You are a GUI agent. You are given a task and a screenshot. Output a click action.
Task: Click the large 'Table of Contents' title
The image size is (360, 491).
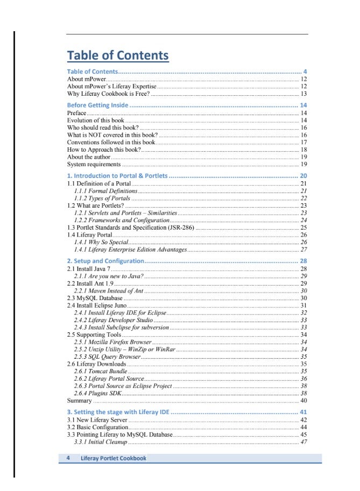pyautogui.click(x=117, y=55)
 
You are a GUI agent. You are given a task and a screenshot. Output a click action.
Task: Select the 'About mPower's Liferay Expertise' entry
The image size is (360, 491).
pyautogui.click(x=111, y=86)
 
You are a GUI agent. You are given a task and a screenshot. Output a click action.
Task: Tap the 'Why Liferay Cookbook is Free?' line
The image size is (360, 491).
pyautogui.click(x=108, y=94)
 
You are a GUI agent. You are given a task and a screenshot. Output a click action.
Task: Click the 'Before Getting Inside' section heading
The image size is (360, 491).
pyautogui.click(x=97, y=105)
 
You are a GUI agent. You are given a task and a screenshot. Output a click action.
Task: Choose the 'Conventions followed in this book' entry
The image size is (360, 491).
pyautogui.click(x=111, y=143)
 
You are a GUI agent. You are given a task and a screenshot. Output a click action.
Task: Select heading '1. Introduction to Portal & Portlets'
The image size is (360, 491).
pyautogui.click(x=117, y=176)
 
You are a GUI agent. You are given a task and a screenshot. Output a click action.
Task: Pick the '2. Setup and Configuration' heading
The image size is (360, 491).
pyautogui.click(x=105, y=261)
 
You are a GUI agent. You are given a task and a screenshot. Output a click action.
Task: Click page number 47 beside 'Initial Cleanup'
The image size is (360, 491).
pyautogui.click(x=303, y=442)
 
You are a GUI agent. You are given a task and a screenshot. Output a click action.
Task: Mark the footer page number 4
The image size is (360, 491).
pyautogui.click(x=68, y=458)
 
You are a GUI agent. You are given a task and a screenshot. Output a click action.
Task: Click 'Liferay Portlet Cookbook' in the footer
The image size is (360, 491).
pyautogui.click(x=114, y=458)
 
